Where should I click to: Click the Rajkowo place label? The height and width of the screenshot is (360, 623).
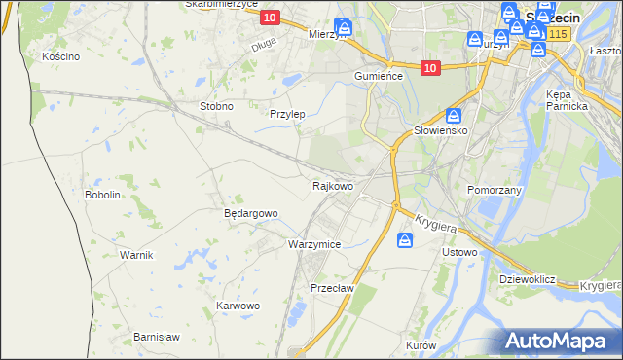[332, 185]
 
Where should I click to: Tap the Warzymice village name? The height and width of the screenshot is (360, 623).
[313, 244]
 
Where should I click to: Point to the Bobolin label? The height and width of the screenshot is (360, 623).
[102, 195]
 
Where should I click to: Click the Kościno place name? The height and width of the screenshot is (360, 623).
[60, 56]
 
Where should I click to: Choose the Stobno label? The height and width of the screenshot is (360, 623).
[215, 106]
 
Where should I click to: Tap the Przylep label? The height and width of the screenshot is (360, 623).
[287, 114]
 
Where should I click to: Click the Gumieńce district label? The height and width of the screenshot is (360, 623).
[379, 76]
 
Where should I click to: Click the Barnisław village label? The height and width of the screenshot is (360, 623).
[154, 337]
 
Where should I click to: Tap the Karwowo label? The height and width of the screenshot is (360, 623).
[238, 306]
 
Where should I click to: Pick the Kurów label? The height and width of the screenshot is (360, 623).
[421, 346]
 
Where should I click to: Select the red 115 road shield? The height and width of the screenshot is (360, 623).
[557, 34]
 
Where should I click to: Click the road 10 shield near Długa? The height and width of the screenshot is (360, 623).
[270, 18]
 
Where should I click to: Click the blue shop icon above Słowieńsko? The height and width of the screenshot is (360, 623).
[454, 114]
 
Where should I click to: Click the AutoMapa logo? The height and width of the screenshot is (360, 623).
[563, 342]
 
